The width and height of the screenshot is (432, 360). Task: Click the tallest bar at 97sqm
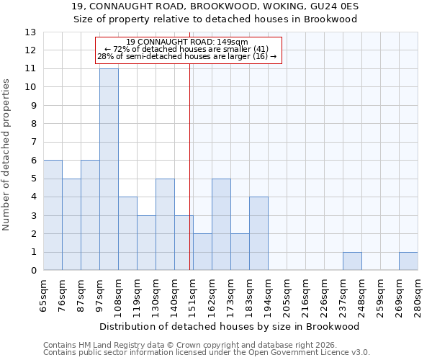(109, 169)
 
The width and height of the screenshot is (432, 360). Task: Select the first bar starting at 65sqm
(53, 215)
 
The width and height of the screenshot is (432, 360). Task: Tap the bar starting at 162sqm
(221, 225)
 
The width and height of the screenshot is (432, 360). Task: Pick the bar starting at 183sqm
(258, 234)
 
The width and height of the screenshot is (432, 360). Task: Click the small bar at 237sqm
(352, 261)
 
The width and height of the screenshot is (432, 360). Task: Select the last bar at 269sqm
(408, 261)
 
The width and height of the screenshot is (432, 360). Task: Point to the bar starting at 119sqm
(146, 243)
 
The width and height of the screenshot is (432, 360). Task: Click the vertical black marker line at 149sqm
(189, 180)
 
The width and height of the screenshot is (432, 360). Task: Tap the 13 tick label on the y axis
(30, 32)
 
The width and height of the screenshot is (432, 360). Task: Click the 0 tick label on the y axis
(33, 271)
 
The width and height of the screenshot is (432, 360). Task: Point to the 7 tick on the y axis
(33, 143)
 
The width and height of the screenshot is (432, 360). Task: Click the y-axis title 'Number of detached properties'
(7, 155)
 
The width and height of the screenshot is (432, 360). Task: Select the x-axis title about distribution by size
(230, 326)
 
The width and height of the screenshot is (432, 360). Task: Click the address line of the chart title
(215, 6)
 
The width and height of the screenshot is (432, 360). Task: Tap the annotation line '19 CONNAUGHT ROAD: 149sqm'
(186, 42)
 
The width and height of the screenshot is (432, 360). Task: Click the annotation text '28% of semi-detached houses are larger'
(186, 56)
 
